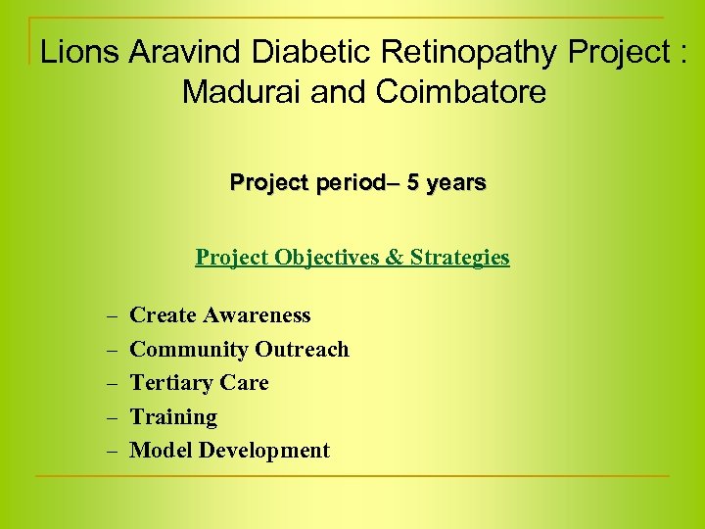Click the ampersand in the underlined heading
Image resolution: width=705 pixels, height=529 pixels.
click(395, 258)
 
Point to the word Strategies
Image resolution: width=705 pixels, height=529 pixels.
click(459, 259)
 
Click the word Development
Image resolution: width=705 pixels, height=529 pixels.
click(264, 452)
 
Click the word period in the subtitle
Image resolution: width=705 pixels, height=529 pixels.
click(343, 184)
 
